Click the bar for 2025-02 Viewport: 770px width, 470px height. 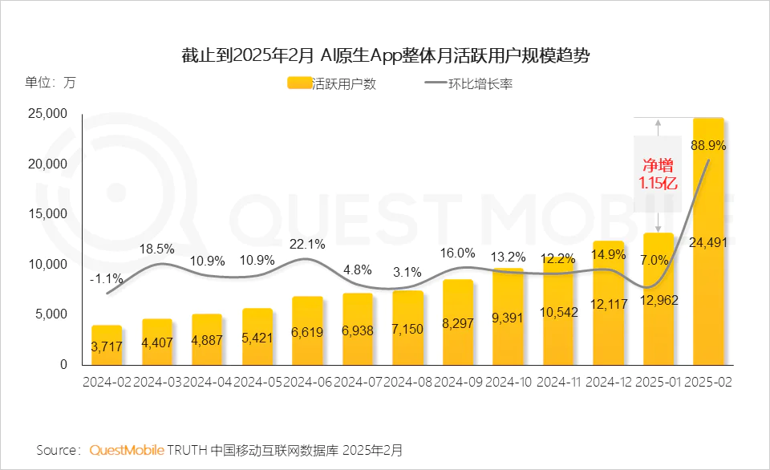[709, 241]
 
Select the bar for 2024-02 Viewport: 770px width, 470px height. [107, 345]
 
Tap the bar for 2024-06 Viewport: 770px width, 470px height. [308, 330]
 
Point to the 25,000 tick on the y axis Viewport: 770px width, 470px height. [47, 114]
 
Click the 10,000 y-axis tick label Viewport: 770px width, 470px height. [47, 264]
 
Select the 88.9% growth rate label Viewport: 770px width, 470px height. [709, 146]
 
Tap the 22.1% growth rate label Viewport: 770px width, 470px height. [308, 243]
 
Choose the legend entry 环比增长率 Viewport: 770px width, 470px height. [468, 83]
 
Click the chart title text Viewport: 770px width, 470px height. [385, 55]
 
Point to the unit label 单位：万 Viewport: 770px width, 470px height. [50, 82]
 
